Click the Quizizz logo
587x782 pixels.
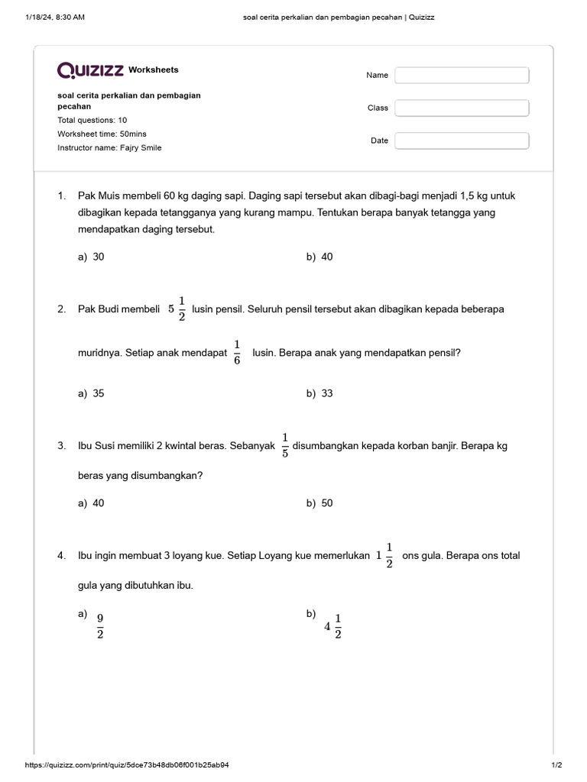pos(91,70)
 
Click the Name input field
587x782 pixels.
pos(462,76)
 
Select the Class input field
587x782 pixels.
pos(462,108)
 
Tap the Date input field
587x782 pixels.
pos(462,141)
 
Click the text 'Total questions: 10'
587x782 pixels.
pos(92,120)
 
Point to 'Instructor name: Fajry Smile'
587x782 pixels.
pos(109,147)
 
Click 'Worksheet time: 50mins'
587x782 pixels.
pos(102,134)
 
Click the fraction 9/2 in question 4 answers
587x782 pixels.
pos(100,625)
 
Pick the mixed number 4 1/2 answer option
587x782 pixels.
pos(333,626)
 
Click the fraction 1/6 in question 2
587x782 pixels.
pos(237,352)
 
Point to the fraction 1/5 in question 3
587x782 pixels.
pos(284,445)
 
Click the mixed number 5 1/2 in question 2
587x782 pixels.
pos(177,309)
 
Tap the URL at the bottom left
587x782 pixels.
pos(127,764)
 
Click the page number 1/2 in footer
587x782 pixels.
pos(556,764)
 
